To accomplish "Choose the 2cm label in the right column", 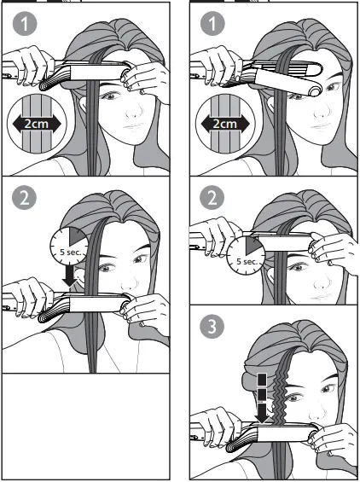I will coord(224,125).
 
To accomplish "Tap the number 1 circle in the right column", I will coord(209,25).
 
